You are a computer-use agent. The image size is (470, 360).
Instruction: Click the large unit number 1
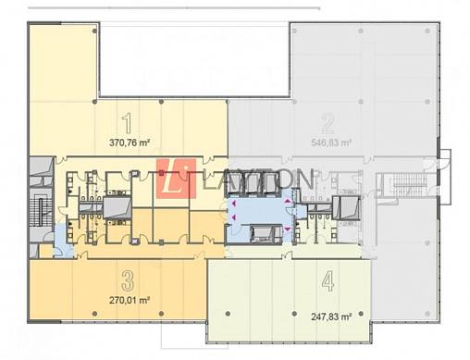click(128, 123)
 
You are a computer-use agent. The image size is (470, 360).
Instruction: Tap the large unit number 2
click(328, 123)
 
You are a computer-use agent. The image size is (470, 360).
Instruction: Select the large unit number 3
click(128, 280)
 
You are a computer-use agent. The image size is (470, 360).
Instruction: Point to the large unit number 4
click(328, 281)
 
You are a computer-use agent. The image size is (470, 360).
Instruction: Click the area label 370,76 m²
click(130, 143)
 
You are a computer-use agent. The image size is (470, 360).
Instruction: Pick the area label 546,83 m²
click(331, 143)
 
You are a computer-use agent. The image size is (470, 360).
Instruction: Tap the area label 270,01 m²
click(130, 300)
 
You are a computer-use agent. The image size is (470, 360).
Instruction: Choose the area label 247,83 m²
click(331, 317)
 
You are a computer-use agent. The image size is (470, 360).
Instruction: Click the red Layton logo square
click(176, 179)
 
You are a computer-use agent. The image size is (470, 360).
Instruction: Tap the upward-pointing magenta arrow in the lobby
click(288, 202)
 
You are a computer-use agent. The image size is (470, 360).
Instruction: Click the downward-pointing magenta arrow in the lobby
click(288, 229)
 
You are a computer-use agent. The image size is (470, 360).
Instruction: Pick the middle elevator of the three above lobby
click(253, 184)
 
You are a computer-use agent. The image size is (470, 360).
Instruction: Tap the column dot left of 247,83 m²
click(294, 314)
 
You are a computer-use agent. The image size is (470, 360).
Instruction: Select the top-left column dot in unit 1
click(94, 31)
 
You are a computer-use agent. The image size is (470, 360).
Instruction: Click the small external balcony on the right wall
click(445, 177)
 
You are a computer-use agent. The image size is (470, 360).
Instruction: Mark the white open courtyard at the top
click(194, 60)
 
